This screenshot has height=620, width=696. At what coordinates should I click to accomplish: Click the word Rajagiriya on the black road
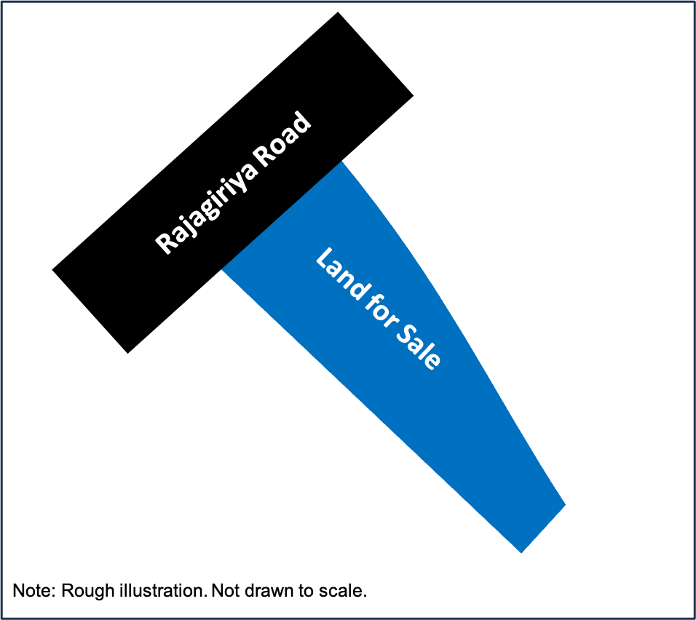[204, 205]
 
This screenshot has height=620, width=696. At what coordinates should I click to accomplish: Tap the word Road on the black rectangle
[282, 138]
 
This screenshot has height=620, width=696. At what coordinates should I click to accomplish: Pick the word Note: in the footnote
[35, 591]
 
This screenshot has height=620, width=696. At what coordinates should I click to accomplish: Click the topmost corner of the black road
[338, 12]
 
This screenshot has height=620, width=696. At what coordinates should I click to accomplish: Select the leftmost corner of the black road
[52, 269]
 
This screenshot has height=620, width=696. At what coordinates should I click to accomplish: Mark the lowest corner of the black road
[128, 353]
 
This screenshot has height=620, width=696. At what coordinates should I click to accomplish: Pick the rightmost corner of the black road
[414, 95]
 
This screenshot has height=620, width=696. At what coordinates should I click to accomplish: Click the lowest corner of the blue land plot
[521, 553]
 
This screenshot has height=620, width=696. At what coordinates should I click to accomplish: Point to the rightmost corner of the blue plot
[566, 504]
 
